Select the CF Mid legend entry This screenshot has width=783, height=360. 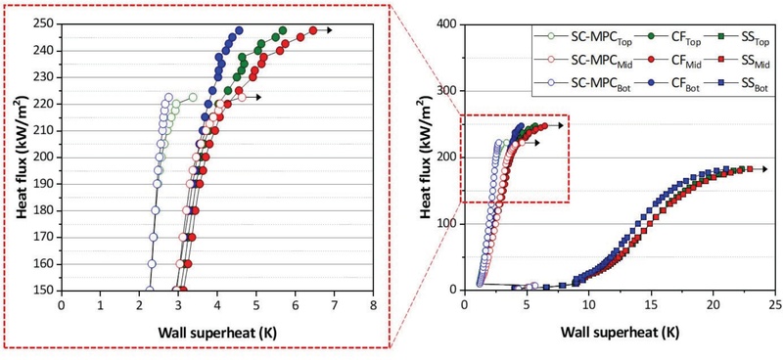click(x=653, y=61)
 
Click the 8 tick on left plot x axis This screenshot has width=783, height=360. click(x=373, y=304)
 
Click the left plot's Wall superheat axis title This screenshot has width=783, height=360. click(x=217, y=331)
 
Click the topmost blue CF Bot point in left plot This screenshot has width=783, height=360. click(x=239, y=30)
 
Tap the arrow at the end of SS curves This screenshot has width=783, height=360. click(x=763, y=169)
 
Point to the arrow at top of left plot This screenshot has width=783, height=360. click(x=328, y=30)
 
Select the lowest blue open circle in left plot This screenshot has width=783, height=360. click(x=149, y=290)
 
